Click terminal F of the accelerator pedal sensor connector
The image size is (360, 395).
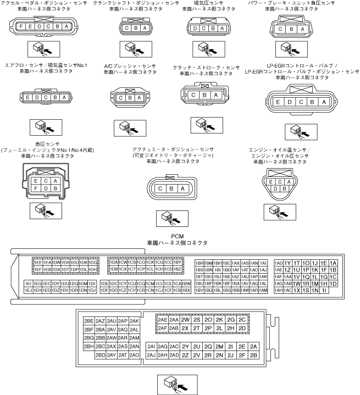(21, 27)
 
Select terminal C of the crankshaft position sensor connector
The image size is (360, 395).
(128, 29)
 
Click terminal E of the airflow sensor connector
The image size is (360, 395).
(28, 98)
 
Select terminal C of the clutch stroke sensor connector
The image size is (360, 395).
(193, 95)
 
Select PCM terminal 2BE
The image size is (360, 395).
(88, 320)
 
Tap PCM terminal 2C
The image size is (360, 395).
(242, 319)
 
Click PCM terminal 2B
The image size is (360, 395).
(253, 355)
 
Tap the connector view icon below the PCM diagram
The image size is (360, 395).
(176, 382)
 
